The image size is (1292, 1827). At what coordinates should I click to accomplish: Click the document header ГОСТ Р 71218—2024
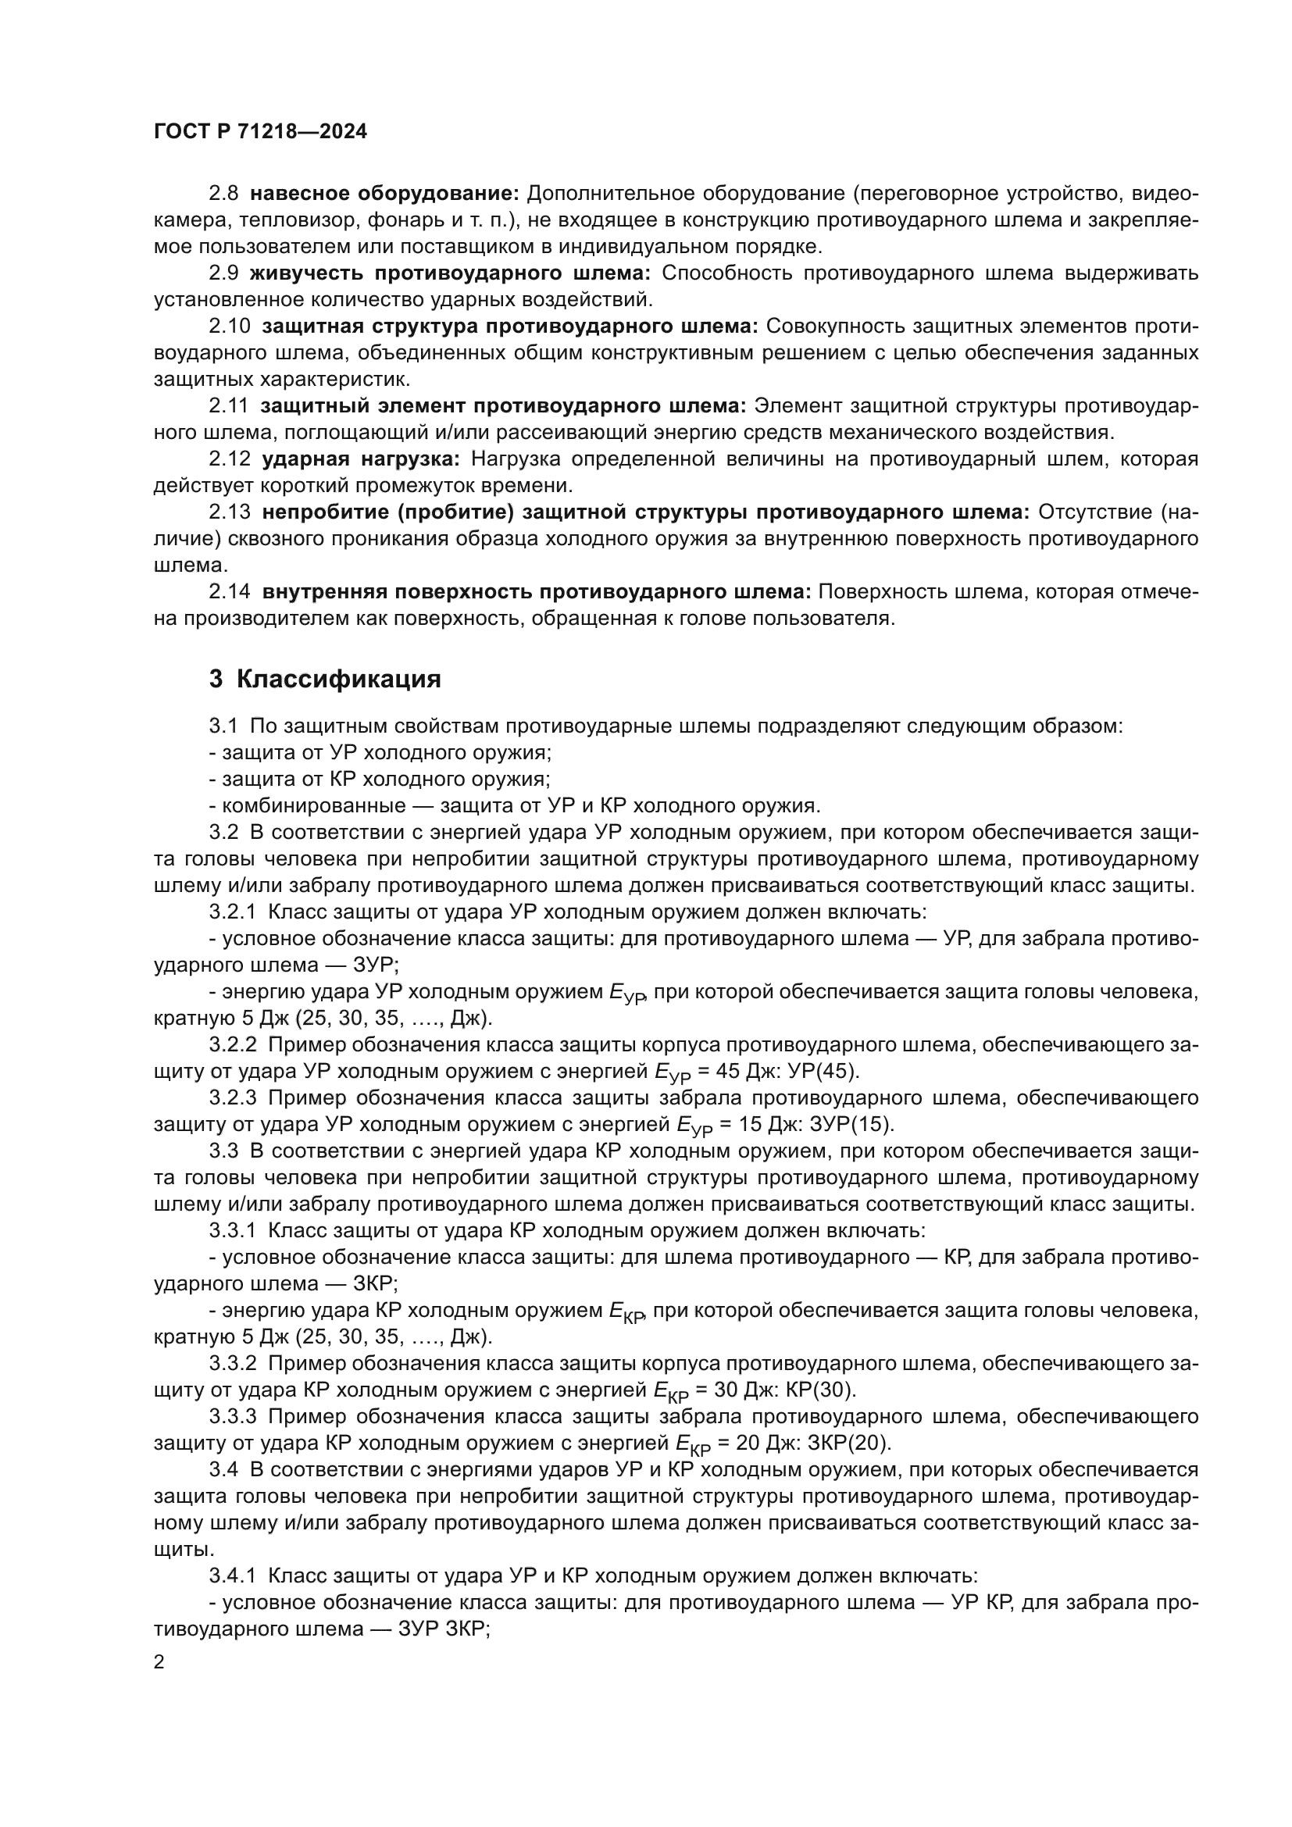[260, 132]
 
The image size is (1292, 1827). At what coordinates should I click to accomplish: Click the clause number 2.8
[223, 194]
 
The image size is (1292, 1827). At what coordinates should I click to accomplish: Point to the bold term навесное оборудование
[384, 194]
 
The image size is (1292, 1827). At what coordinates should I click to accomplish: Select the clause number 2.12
[229, 459]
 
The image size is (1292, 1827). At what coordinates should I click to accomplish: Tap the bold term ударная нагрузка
[361, 459]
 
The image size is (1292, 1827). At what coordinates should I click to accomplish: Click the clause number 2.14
[229, 592]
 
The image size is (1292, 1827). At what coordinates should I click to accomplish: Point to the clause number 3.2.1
[232, 912]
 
